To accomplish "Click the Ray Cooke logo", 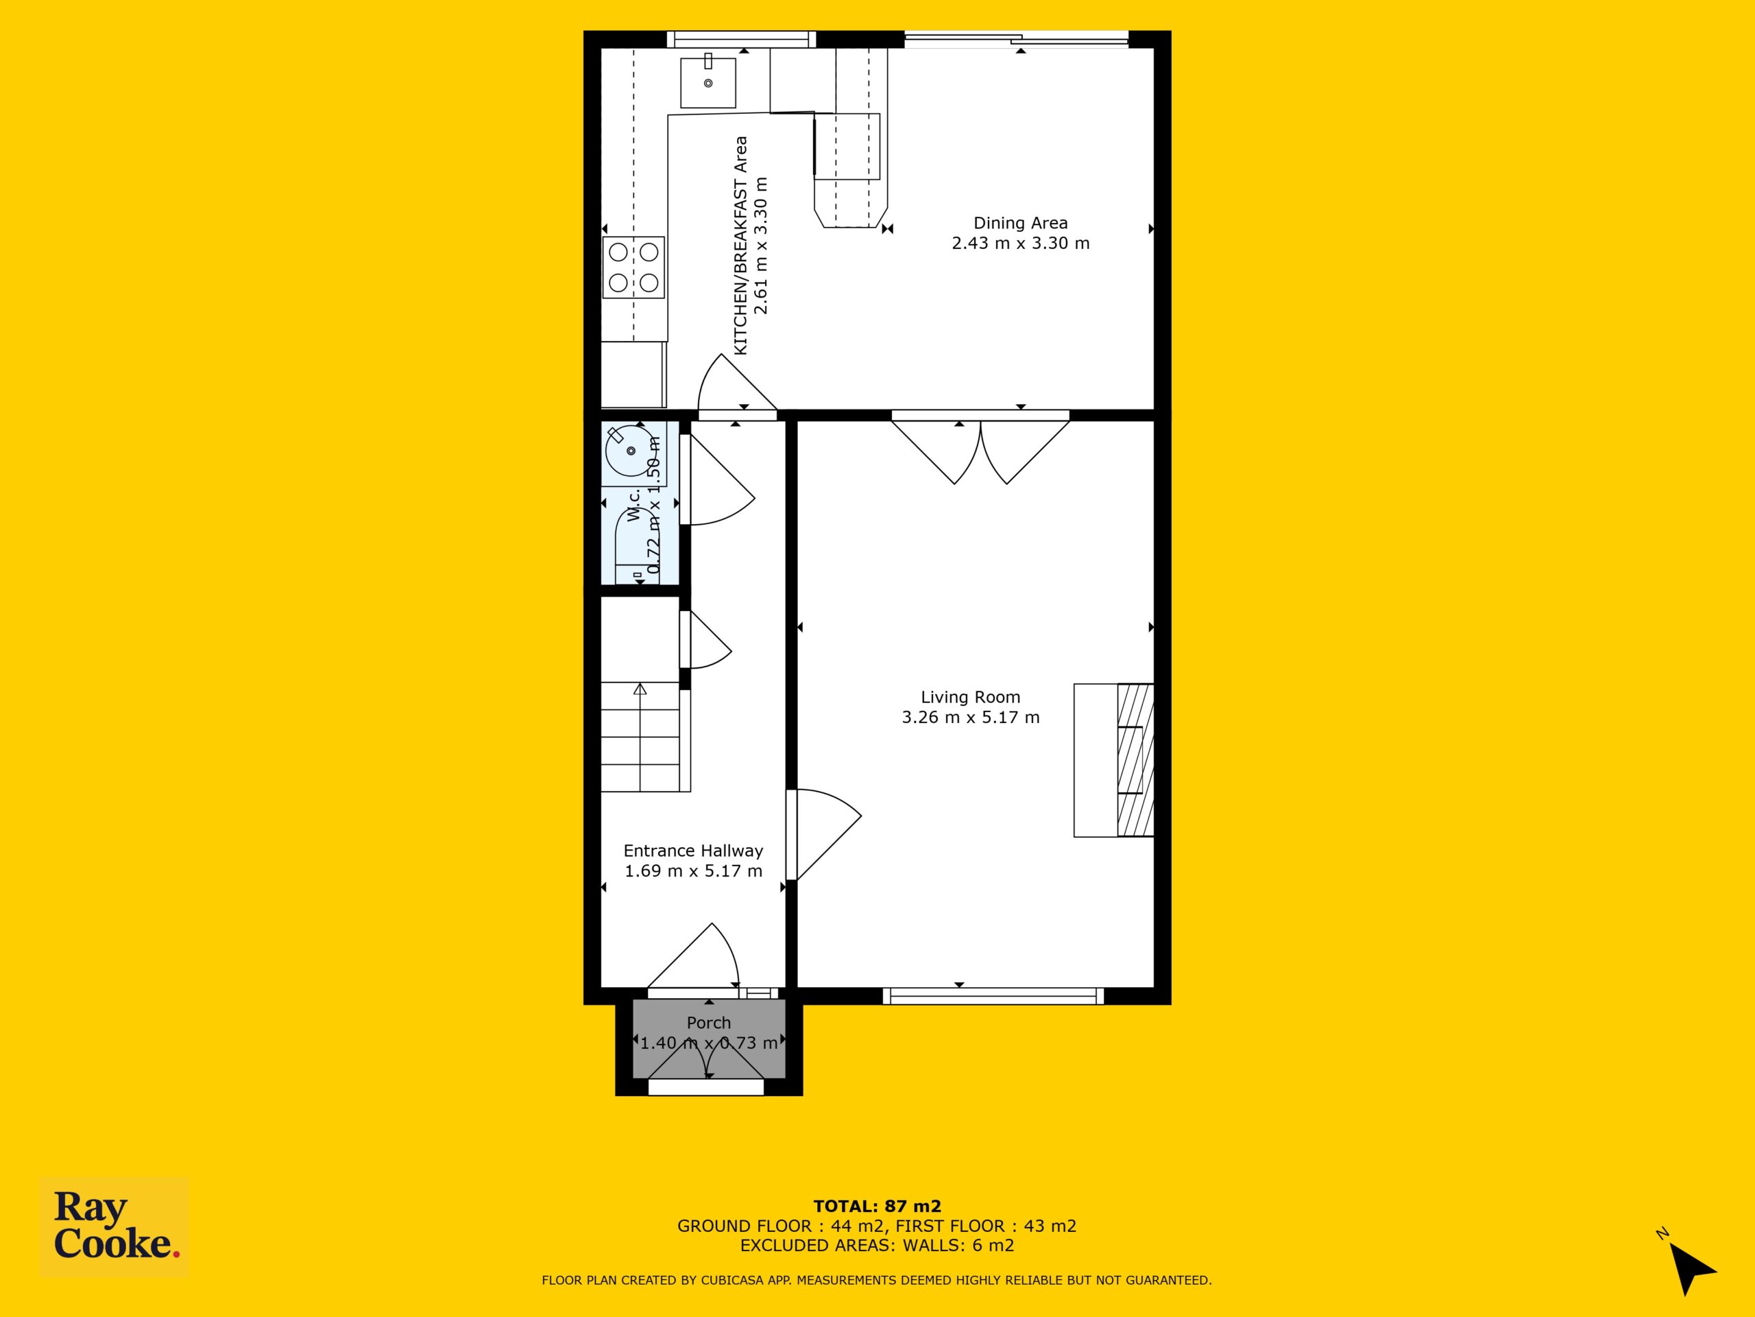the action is coord(114,1226).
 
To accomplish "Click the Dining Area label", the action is coord(1020,223).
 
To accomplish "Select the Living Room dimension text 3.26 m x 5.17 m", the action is coord(970,717).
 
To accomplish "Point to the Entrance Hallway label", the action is coord(694,850).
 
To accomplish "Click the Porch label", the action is coord(708,1023).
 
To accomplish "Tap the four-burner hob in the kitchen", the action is coord(633,268).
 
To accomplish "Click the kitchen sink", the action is coord(707,80).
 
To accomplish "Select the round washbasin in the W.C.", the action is coord(631,451).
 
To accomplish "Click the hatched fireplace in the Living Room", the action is coord(1135,760).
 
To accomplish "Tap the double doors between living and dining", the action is coord(980,449).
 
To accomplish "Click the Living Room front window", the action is coord(993,995).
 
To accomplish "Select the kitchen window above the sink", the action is coord(741,39).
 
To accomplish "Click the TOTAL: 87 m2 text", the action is coord(877,1207).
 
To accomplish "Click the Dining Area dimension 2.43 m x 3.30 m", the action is coord(1020,243).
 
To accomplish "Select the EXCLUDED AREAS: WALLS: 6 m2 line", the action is coord(877,1246).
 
